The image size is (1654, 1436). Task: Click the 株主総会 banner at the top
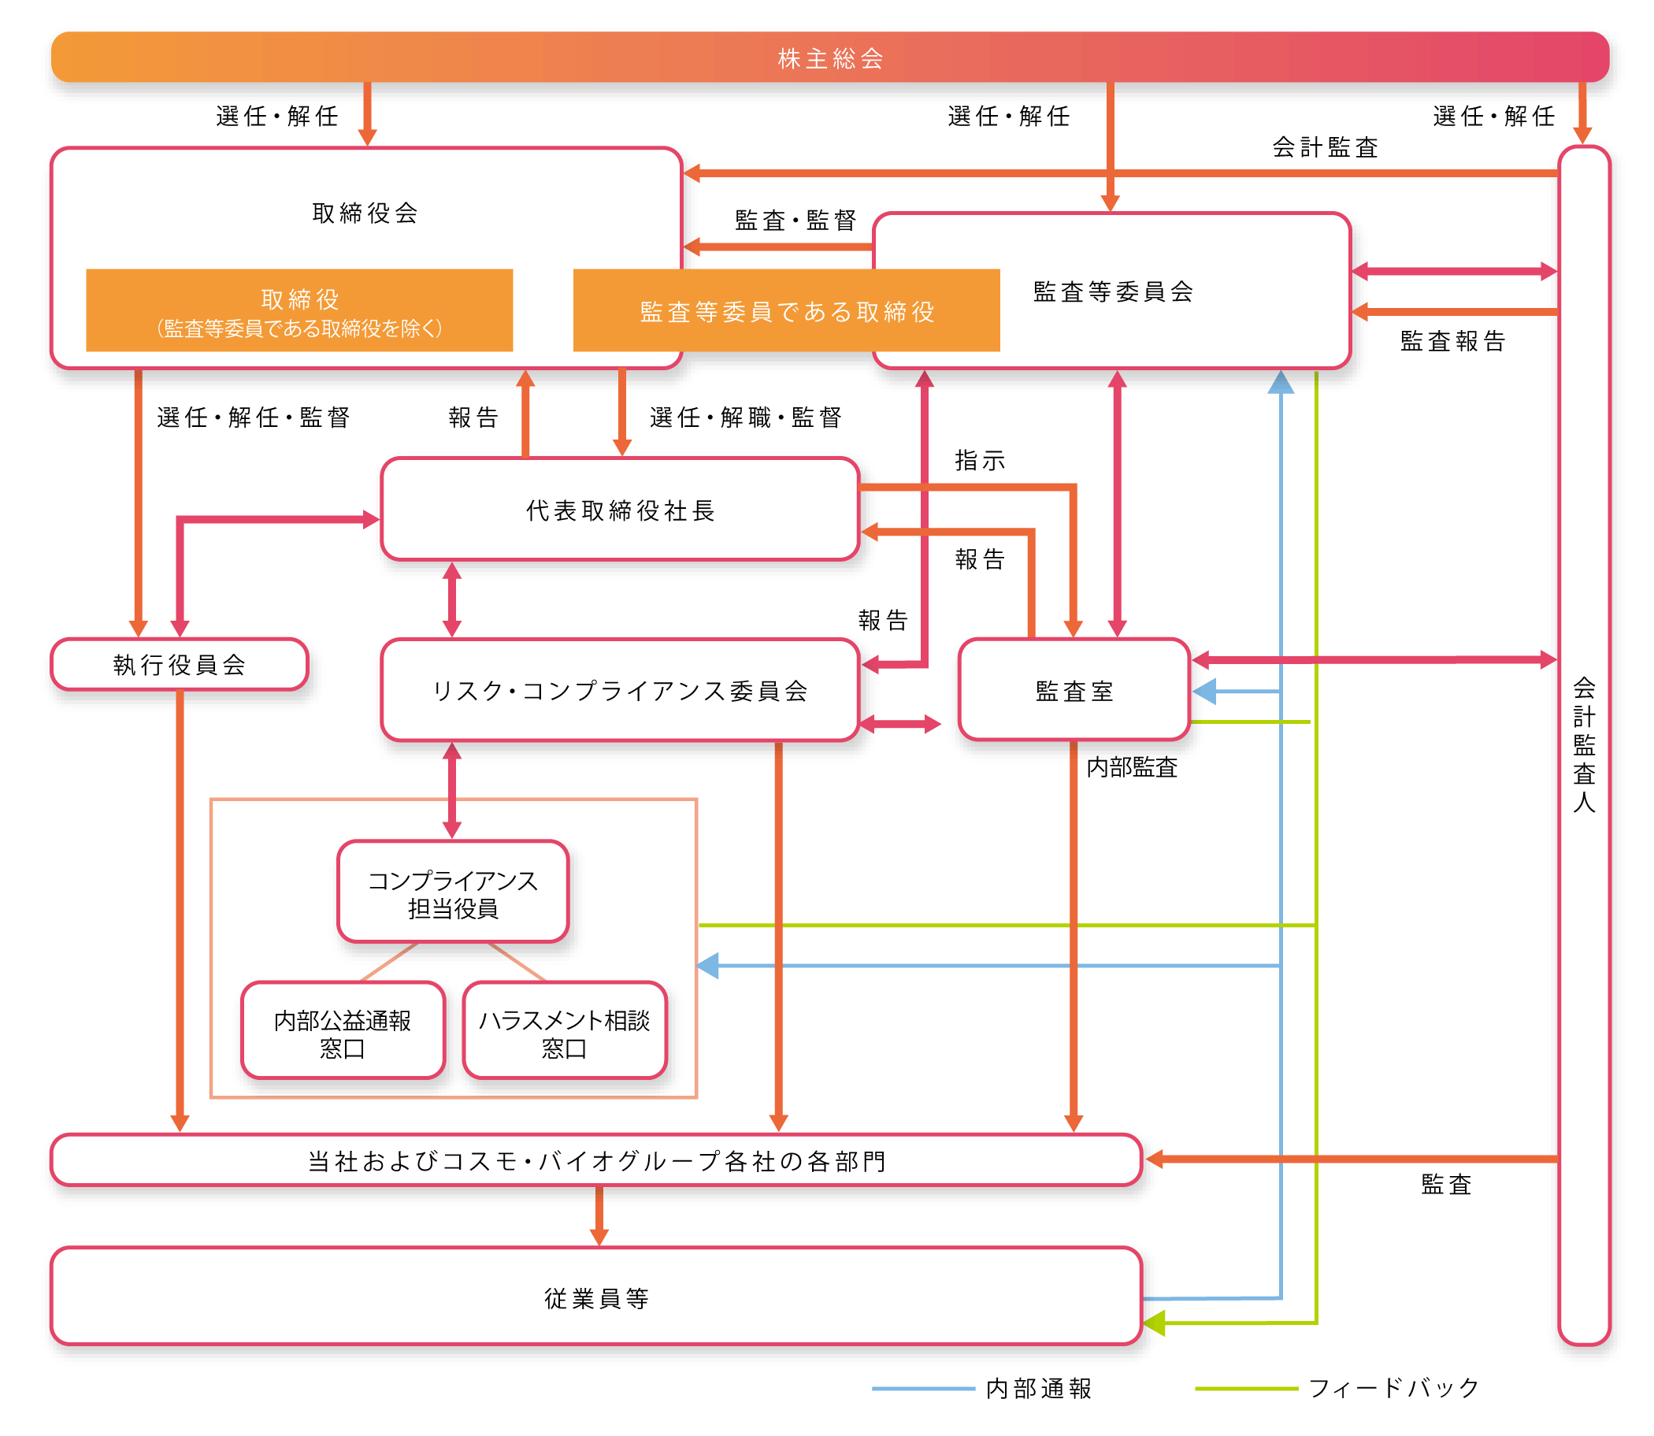tap(829, 58)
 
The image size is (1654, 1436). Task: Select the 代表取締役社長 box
tap(621, 510)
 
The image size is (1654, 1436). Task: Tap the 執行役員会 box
tap(179, 665)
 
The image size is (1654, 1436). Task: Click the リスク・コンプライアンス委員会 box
tap(621, 691)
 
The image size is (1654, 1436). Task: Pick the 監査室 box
tap(1074, 691)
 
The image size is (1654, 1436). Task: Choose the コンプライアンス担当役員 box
tap(453, 894)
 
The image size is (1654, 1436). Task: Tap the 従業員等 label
tap(596, 1298)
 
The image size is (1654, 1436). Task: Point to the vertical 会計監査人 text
tap(1584, 745)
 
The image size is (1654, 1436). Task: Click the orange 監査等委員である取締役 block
tap(786, 311)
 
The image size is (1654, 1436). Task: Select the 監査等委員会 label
tap(1113, 291)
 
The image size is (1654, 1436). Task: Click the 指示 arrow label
tap(979, 461)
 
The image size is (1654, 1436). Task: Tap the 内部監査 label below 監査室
tap(1132, 768)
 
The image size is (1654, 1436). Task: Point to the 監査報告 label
tap(1452, 341)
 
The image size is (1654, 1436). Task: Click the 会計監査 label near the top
tap(1325, 147)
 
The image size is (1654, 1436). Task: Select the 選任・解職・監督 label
tap(745, 417)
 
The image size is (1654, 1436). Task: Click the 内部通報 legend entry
tap(1039, 1389)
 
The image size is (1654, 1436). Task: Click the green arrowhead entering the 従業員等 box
tap(1154, 1323)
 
